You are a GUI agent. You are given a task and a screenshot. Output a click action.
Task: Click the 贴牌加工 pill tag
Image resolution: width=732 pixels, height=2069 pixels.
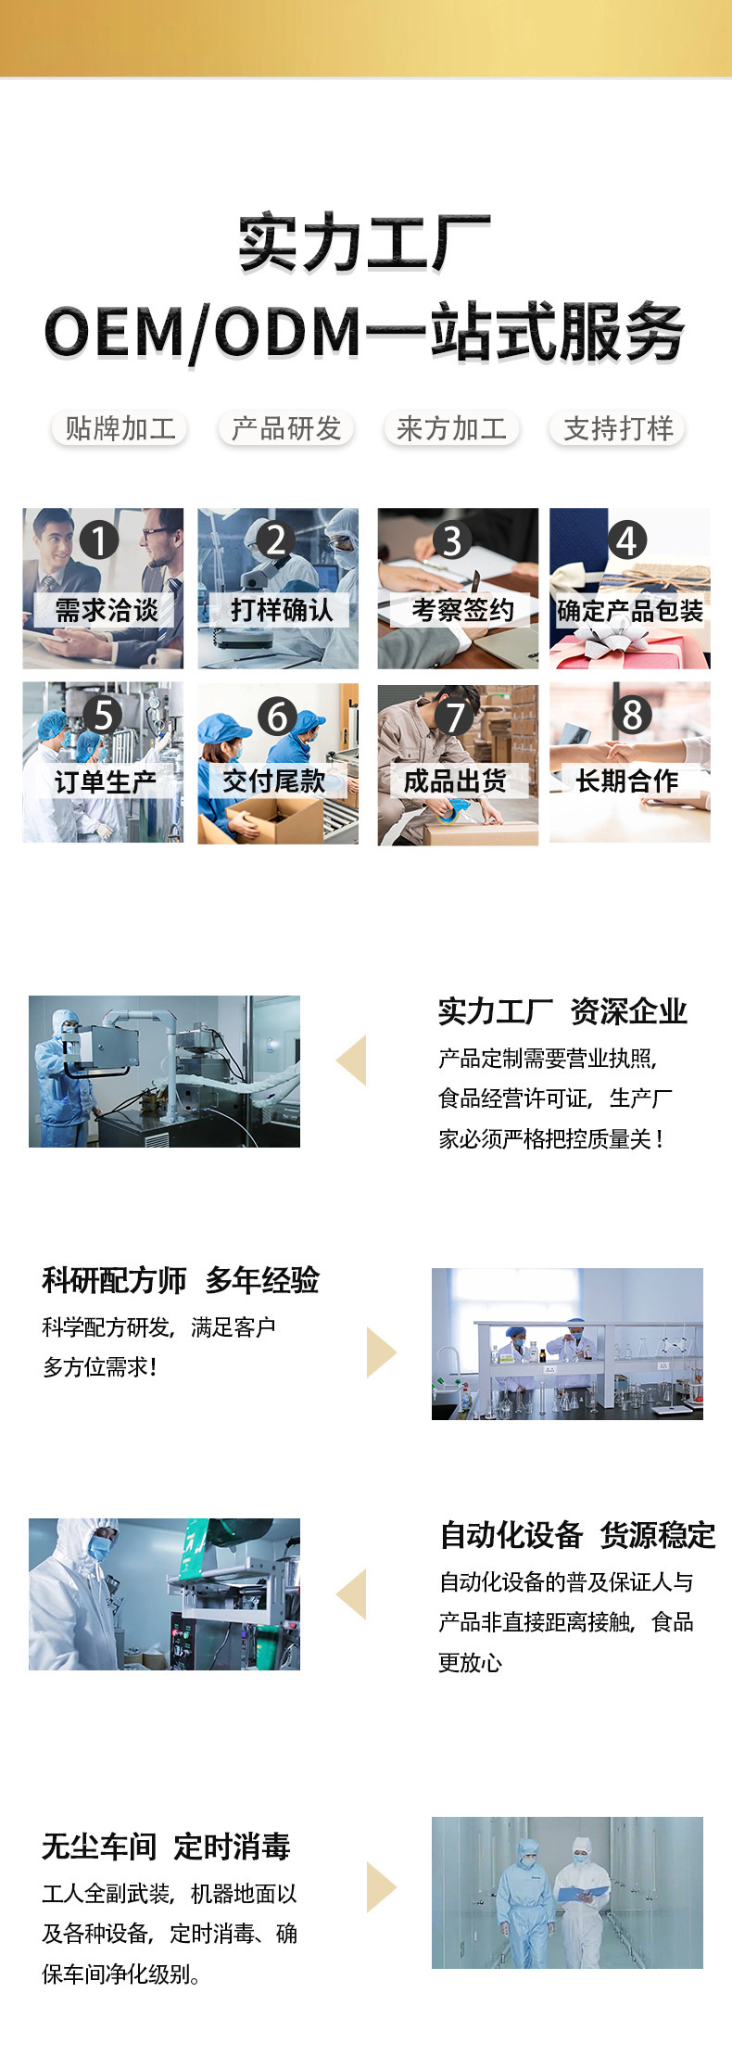(x=120, y=428)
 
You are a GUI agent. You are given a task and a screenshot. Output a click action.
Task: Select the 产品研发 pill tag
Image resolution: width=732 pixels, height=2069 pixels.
(x=286, y=428)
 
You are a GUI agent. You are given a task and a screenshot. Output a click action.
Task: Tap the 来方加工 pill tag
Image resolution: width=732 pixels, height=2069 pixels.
(x=451, y=428)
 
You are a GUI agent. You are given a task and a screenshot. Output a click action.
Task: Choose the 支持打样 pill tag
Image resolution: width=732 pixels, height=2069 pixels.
(x=618, y=428)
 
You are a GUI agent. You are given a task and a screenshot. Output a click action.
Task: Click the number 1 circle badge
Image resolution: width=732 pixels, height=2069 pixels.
(x=99, y=539)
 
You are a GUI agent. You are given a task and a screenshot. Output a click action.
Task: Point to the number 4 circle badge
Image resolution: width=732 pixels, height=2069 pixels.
(x=627, y=539)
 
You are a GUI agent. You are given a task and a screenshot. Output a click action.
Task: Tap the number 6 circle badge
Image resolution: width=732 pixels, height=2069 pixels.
(x=277, y=716)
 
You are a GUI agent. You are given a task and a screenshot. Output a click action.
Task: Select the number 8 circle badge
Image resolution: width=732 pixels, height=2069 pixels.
(x=632, y=715)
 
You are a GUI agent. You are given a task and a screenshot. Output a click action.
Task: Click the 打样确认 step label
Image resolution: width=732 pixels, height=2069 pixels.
(x=282, y=610)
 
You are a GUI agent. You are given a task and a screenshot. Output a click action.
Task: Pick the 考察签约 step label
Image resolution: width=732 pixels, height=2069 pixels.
(x=462, y=610)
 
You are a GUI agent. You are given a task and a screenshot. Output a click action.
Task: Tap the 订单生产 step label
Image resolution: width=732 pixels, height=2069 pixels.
(x=105, y=782)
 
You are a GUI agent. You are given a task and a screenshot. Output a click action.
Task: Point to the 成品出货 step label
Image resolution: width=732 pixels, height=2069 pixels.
(x=455, y=781)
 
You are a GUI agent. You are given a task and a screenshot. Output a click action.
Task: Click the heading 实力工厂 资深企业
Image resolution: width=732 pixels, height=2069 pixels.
(x=562, y=1011)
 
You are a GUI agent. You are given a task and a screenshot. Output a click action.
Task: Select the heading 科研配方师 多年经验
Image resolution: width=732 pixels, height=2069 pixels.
(x=181, y=1280)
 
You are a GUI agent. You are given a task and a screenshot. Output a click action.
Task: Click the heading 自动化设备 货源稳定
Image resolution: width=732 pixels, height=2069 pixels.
(x=577, y=1535)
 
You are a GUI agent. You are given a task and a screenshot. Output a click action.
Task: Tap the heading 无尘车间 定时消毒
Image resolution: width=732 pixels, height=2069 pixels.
(x=166, y=1847)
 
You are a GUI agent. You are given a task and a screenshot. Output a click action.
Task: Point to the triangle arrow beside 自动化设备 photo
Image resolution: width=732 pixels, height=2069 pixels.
(x=351, y=1594)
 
